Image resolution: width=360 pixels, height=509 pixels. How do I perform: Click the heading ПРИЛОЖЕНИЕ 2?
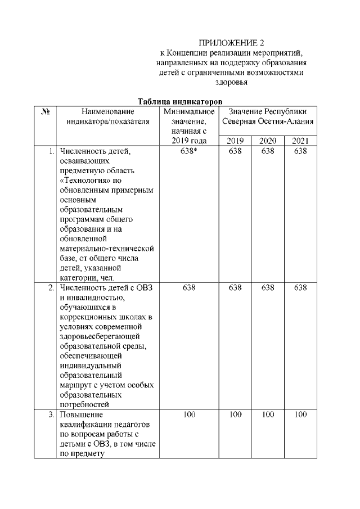click(232, 43)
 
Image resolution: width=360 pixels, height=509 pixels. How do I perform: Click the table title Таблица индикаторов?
click(177, 102)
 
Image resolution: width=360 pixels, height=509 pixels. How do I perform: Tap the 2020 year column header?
click(267, 141)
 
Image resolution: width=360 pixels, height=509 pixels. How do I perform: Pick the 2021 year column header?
click(300, 141)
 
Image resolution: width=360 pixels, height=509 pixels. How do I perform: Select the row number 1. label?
click(51, 151)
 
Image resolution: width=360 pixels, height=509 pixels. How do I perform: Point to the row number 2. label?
click(51, 288)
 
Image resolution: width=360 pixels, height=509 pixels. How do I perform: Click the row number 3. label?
click(51, 415)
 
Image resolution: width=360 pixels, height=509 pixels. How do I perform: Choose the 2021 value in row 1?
click(300, 151)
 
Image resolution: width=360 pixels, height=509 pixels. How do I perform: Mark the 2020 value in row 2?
click(267, 288)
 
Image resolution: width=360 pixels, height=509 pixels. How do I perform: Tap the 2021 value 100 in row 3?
click(300, 415)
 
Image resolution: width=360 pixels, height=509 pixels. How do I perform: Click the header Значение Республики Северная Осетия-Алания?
click(267, 116)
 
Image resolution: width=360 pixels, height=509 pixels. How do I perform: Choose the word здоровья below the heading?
click(232, 83)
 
